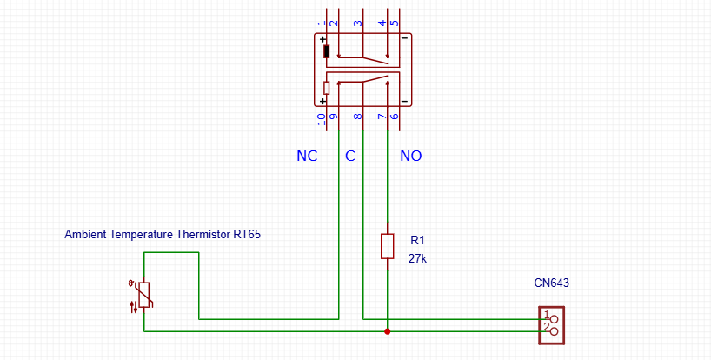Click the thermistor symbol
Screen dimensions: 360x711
(x=144, y=296)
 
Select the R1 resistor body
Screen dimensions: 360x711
(x=388, y=246)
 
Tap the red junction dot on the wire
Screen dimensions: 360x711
(x=388, y=331)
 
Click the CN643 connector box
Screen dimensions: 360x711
(x=552, y=324)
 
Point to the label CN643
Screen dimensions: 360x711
(x=551, y=283)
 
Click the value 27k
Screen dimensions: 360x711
(x=418, y=258)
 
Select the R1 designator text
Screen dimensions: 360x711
(x=416, y=240)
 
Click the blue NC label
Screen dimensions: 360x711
(x=307, y=157)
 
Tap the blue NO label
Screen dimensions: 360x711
(x=410, y=157)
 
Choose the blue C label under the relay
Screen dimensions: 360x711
(x=350, y=157)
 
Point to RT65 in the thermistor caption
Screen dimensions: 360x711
(x=248, y=235)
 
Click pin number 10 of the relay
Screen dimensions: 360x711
(x=322, y=119)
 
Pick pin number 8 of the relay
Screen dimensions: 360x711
(x=357, y=116)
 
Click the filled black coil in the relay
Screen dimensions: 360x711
(x=327, y=51)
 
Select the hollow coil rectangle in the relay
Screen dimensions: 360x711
(x=327, y=88)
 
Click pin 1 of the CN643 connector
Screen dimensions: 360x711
(x=547, y=315)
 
